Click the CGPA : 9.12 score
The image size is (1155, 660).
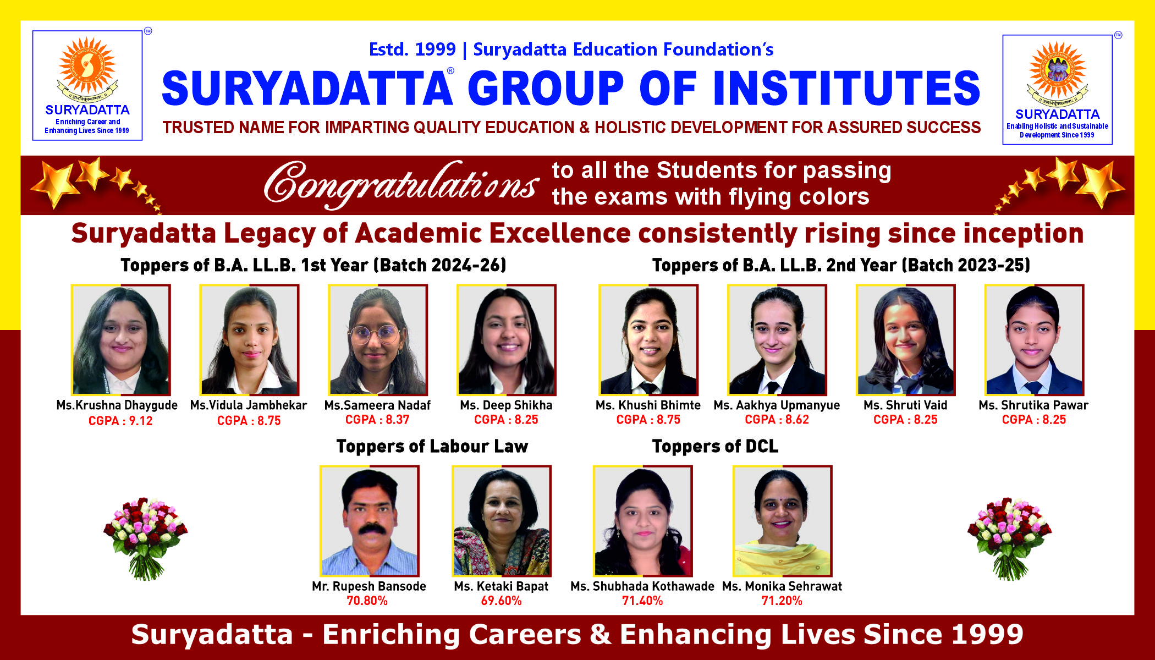pyautogui.click(x=120, y=421)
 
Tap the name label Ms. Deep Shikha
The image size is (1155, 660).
pyautogui.click(x=506, y=405)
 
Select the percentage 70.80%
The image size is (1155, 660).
pyautogui.click(x=367, y=601)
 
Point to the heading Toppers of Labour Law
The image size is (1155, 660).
pyautogui.click(x=432, y=446)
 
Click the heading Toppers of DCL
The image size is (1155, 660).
pyautogui.click(x=715, y=446)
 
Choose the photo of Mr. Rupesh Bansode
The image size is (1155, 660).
pyautogui.click(x=370, y=521)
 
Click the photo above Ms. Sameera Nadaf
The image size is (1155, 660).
pyautogui.click(x=377, y=340)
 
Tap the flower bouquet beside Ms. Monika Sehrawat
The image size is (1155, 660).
pyautogui.click(x=1009, y=539)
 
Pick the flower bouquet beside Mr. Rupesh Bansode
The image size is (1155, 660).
pyautogui.click(x=146, y=539)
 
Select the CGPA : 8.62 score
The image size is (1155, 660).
pyautogui.click(x=777, y=420)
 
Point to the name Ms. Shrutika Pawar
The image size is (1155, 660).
pyautogui.click(x=1033, y=405)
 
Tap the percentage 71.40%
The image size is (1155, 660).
pyautogui.click(x=642, y=601)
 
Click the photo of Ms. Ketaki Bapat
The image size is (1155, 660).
pyautogui.click(x=501, y=521)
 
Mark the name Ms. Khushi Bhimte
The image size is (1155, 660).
pyautogui.click(x=648, y=405)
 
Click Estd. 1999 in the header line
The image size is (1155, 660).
pyautogui.click(x=413, y=50)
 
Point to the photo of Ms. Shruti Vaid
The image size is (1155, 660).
pyautogui.click(x=905, y=340)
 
